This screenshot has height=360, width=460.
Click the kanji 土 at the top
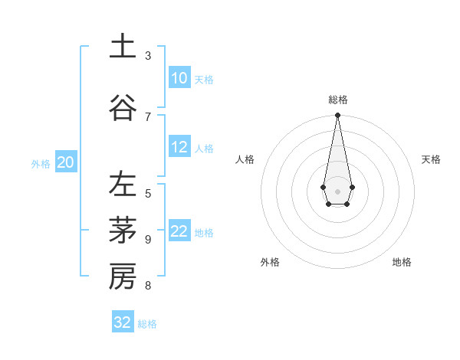[x=122, y=46]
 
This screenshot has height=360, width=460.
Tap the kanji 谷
[x=122, y=107]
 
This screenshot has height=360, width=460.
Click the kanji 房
[x=122, y=277]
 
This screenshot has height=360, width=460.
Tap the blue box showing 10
[x=179, y=78]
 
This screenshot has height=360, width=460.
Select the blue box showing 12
[x=179, y=147]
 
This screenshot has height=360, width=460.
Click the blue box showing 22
[x=179, y=231]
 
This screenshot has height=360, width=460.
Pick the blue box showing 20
[x=66, y=162]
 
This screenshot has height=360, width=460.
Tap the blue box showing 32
[x=123, y=322]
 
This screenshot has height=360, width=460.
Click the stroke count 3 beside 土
[x=148, y=56]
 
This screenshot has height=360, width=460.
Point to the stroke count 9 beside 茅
[x=148, y=240]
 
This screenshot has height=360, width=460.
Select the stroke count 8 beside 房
[x=148, y=286]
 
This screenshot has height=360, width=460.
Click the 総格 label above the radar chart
[x=338, y=100]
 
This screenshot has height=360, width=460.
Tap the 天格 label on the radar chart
[x=431, y=159]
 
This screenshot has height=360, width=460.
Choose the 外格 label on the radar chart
[x=270, y=262]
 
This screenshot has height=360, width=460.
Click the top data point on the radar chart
[x=337, y=116]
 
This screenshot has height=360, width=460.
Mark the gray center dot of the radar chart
[x=337, y=190]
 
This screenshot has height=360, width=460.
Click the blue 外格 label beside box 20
[x=41, y=163]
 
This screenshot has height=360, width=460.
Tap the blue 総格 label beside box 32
[x=147, y=324]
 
